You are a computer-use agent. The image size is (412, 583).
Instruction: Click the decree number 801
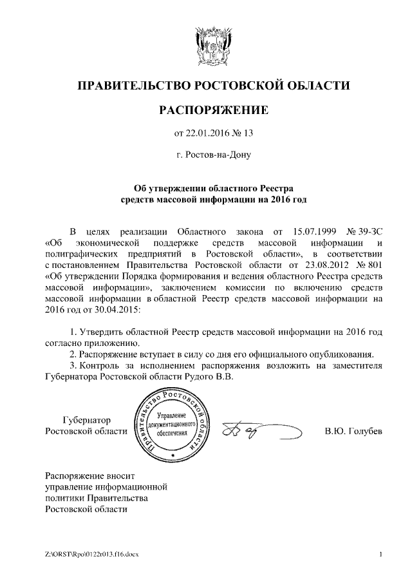tap(375, 265)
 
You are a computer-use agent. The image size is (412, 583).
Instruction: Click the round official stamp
tap(174, 426)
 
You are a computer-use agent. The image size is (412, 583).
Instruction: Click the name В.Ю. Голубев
tap(353, 431)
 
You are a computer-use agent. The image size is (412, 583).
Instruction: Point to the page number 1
tap(381, 553)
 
